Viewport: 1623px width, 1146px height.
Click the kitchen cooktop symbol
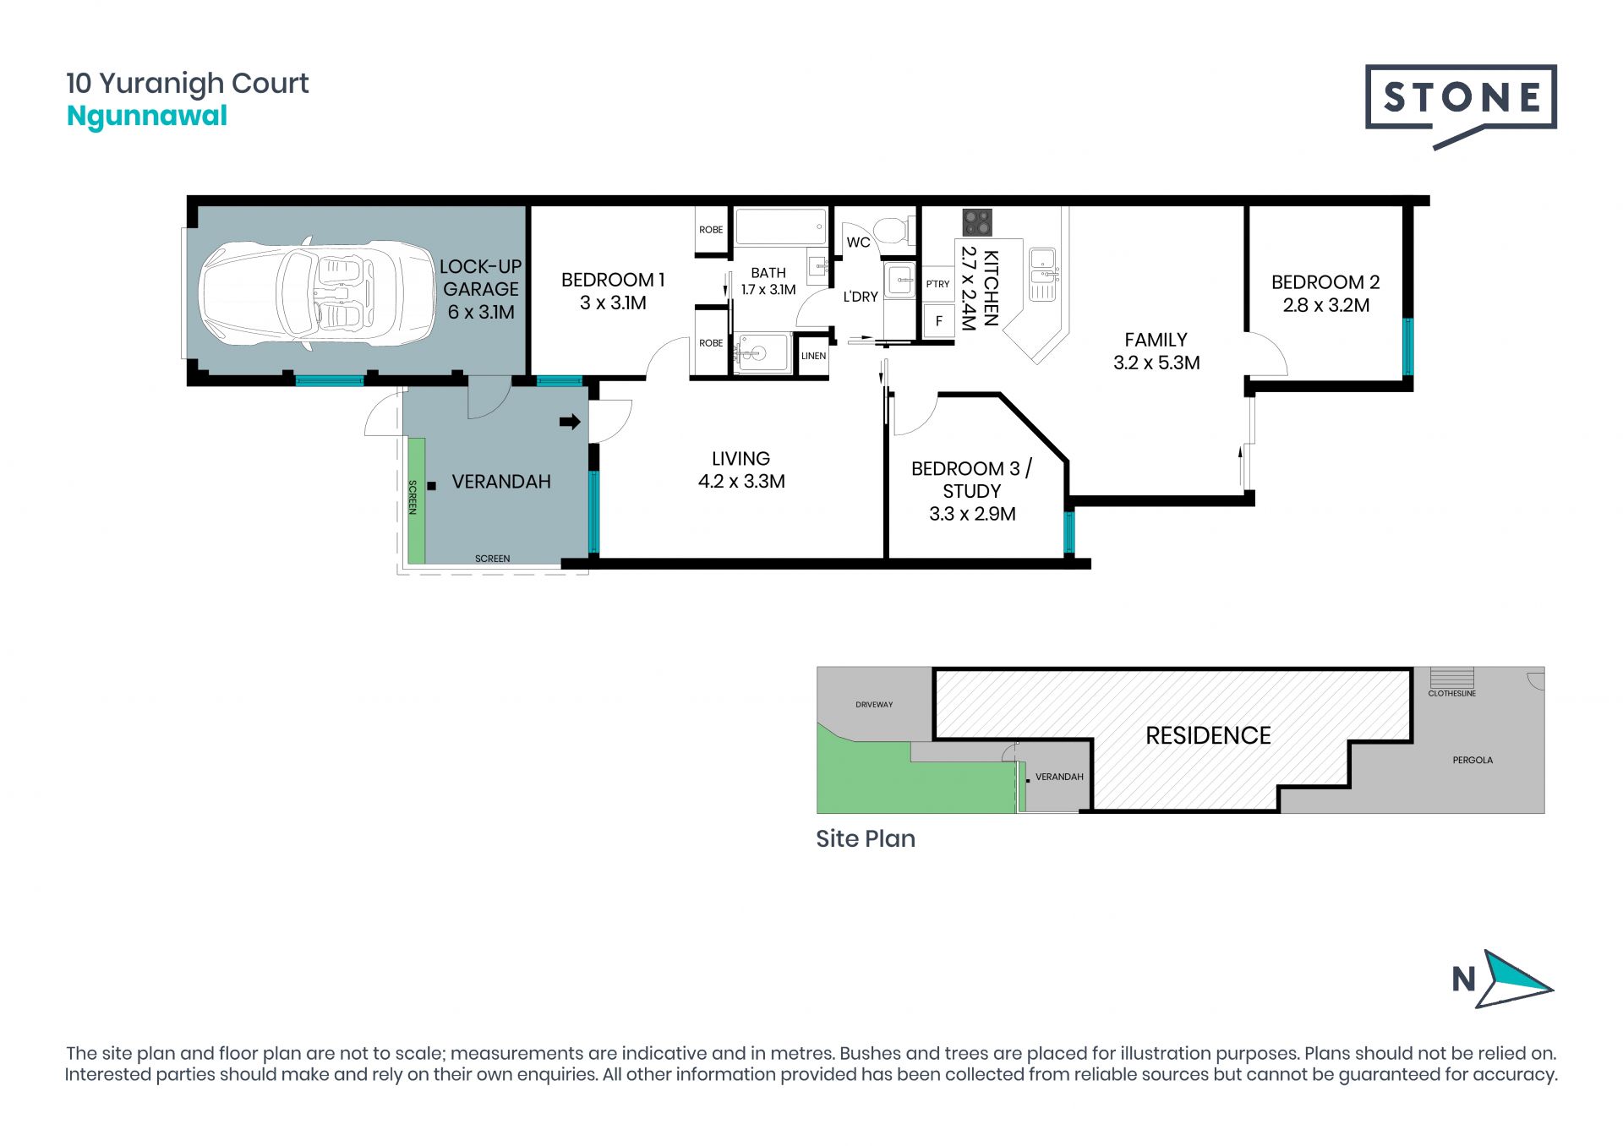[x=977, y=222]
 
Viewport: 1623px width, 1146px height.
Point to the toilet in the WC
[x=893, y=230]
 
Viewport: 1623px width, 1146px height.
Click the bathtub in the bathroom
[x=781, y=226]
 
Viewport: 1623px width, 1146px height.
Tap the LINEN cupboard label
[x=813, y=356]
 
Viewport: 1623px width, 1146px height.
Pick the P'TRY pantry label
[x=937, y=284]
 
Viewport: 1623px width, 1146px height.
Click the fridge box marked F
[x=938, y=321]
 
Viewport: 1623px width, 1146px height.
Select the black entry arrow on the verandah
[x=570, y=421]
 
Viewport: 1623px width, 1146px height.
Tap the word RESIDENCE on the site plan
[x=1208, y=735]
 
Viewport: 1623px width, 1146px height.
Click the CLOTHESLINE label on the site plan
[x=1451, y=693]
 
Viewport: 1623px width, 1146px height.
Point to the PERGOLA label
[x=1473, y=760]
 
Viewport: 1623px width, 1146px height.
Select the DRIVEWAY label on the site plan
[x=874, y=704]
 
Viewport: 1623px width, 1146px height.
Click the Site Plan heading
[x=866, y=838]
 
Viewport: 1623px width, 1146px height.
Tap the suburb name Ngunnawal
[x=147, y=117]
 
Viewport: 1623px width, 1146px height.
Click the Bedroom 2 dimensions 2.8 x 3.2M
[x=1325, y=305]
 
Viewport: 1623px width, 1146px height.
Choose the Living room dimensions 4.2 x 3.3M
[x=741, y=481]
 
